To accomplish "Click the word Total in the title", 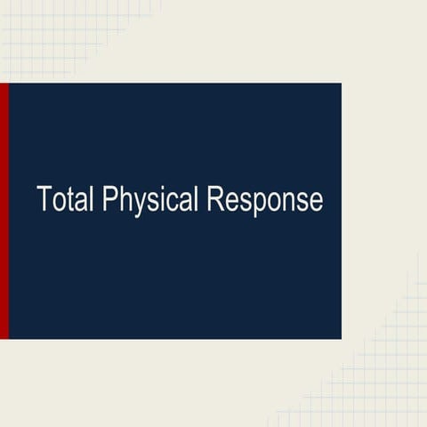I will [x=67, y=199].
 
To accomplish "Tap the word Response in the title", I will [x=264, y=201].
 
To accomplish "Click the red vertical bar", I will [x=4, y=211].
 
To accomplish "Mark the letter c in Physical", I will [x=175, y=202].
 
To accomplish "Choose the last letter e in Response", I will [x=316, y=202].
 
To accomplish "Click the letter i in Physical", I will [x=166, y=199].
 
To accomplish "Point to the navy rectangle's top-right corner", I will [x=340, y=85].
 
